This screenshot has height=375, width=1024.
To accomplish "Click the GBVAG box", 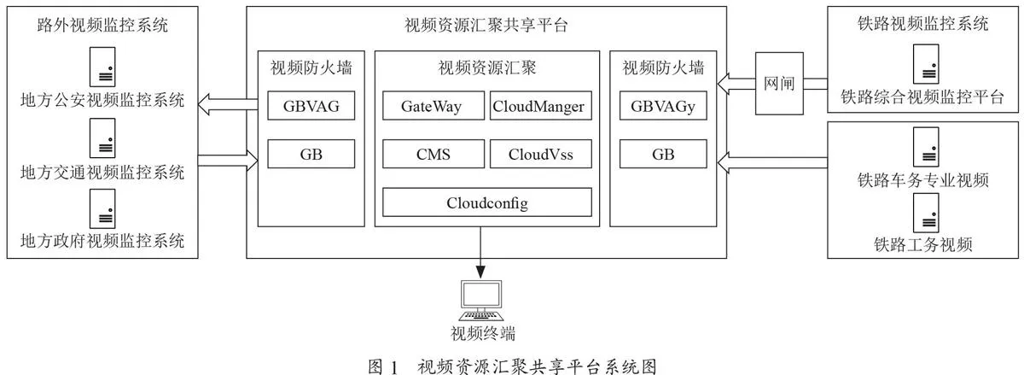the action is click(x=311, y=106).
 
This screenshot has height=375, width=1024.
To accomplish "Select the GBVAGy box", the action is click(x=663, y=106).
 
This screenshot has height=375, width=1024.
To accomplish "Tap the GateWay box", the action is click(x=433, y=106).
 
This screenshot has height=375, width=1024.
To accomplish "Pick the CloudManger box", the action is click(x=540, y=106).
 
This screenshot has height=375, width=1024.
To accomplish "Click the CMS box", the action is click(x=433, y=154).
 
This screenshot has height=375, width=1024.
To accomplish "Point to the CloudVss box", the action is click(x=540, y=154).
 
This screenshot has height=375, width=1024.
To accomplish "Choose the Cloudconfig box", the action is click(x=487, y=202).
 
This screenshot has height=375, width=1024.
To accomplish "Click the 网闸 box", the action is click(x=779, y=84).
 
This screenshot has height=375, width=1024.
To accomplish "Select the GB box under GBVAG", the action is click(x=311, y=154).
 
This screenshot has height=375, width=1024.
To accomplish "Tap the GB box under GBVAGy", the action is click(x=663, y=154).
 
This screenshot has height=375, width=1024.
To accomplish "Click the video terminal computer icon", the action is click(x=481, y=301).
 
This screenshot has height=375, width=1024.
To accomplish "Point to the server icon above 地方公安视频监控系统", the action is click(x=102, y=67).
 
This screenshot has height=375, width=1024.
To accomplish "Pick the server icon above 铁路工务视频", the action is click(x=926, y=213).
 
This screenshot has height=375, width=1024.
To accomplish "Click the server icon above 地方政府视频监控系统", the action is click(x=102, y=208).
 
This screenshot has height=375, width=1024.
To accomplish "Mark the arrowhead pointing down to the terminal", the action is click(x=480, y=271).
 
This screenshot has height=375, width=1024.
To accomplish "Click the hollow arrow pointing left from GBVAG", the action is click(x=228, y=104).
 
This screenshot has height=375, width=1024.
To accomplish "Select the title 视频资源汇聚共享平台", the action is click(x=486, y=25).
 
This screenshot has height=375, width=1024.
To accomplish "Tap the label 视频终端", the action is click(x=483, y=333).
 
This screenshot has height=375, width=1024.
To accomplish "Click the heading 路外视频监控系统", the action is click(x=102, y=25).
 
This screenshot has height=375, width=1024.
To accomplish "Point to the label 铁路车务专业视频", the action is click(x=923, y=180).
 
